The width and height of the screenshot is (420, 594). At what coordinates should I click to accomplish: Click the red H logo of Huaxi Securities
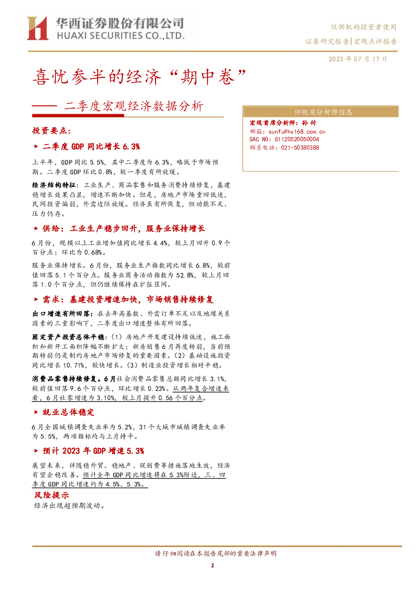(37, 28)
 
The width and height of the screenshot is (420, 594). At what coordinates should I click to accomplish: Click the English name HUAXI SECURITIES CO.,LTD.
(121, 36)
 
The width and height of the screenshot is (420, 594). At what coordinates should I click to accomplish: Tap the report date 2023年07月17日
(358, 59)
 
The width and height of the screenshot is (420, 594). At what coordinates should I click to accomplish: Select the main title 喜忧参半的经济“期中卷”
(140, 77)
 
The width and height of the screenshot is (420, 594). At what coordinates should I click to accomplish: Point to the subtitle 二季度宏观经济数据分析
(133, 106)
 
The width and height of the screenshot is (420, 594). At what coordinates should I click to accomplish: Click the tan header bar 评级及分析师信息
(320, 112)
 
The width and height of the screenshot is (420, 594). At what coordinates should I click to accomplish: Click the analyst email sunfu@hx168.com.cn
(296, 132)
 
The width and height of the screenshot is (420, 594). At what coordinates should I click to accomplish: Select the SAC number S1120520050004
(296, 139)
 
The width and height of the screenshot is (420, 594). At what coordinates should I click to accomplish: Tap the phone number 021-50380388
(300, 147)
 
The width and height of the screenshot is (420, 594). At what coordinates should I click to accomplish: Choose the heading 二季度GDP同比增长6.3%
(91, 146)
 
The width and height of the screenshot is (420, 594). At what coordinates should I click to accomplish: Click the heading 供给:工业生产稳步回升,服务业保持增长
(124, 228)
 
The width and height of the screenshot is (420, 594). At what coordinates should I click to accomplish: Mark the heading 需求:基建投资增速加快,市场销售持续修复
(128, 300)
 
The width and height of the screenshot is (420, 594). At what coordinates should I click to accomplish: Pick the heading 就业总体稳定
(68, 412)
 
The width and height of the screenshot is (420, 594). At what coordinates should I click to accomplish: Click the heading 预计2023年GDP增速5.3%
(93, 451)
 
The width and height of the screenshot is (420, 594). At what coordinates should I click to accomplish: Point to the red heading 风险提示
(52, 495)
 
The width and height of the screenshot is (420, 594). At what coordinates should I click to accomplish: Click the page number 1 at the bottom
(212, 565)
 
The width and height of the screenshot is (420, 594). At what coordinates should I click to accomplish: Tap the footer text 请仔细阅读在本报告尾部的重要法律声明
(216, 553)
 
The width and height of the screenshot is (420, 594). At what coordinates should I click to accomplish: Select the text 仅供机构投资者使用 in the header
(363, 27)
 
